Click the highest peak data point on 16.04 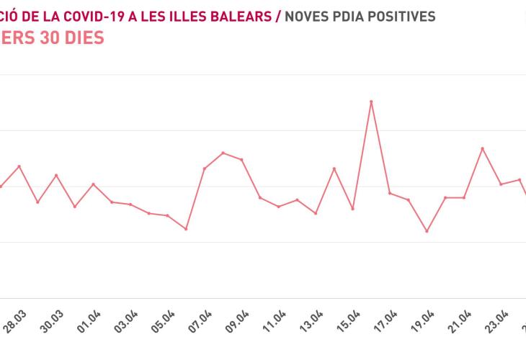pos(371,102)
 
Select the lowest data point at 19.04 pos(427,231)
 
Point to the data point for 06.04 pos(186,229)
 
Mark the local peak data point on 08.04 pos(223,153)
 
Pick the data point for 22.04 pos(482,148)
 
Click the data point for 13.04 pos(316,213)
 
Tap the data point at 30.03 pos(56,175)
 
